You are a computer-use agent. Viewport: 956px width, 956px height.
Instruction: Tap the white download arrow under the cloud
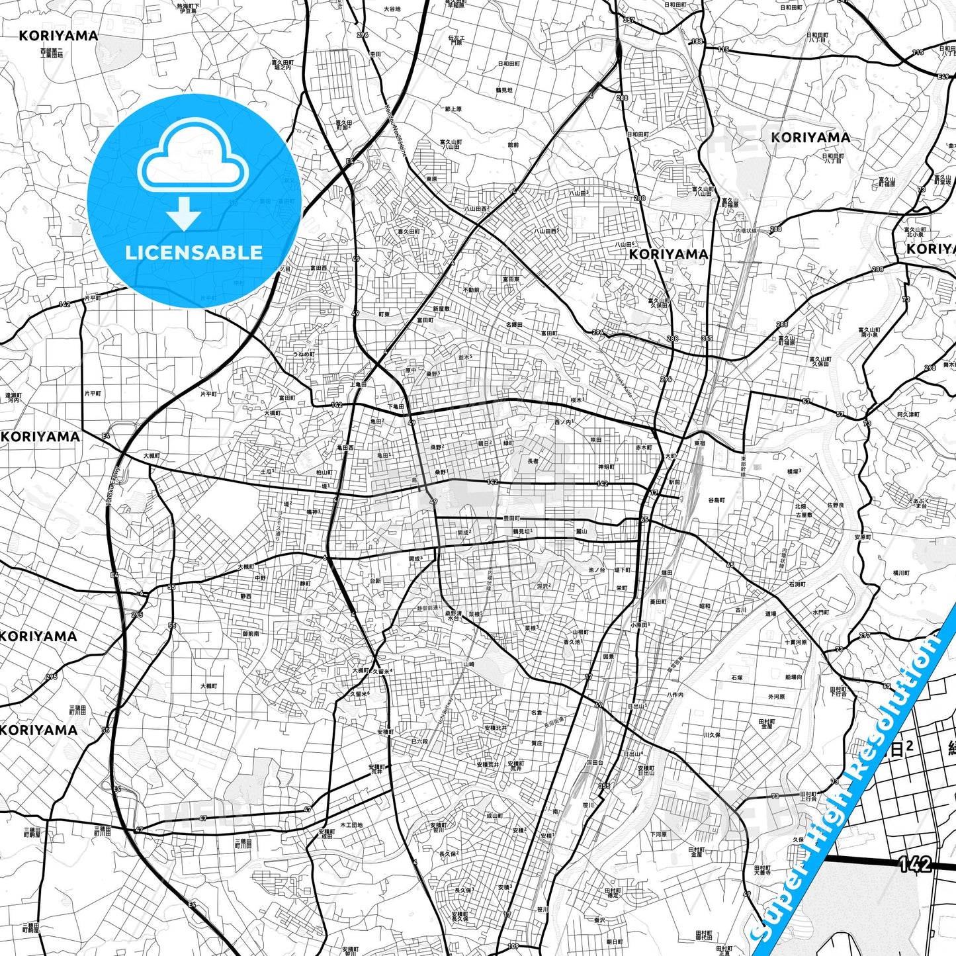pos(184,214)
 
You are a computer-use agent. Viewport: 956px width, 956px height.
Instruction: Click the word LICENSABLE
pos(194,253)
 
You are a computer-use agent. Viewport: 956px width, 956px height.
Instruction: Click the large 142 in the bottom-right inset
pos(915,864)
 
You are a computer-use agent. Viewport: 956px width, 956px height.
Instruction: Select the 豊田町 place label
pos(511,519)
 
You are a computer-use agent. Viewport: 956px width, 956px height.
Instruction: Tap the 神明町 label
pos(606,467)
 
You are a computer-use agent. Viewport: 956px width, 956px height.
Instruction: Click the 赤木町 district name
pos(644,448)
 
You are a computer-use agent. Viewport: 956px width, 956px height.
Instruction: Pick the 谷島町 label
pos(717,500)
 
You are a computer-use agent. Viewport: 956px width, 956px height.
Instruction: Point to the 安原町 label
pos(862,537)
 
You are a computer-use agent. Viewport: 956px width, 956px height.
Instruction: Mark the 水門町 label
pos(820,613)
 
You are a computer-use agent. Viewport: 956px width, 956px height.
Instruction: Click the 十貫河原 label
pos(796,642)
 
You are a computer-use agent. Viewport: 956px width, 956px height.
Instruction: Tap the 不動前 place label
pos(471,290)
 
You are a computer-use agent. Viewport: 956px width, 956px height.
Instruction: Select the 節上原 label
pos(453,109)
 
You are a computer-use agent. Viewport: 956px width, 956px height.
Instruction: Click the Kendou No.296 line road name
pos(395,128)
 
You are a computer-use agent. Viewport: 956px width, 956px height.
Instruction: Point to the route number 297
pos(865,636)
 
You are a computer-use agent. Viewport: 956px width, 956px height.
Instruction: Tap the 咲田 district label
pos(595,440)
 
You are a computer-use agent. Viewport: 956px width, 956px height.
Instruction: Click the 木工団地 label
pos(351,825)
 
